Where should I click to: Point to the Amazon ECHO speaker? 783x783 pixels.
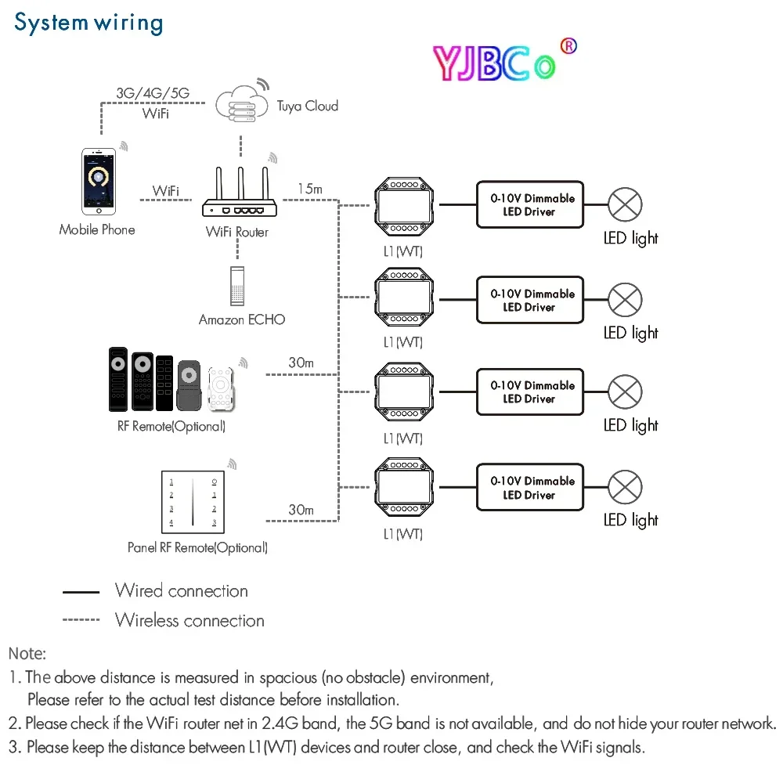pyautogui.click(x=238, y=286)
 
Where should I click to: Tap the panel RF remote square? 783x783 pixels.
pyautogui.click(x=193, y=501)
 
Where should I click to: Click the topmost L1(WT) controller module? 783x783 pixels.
pyautogui.click(x=403, y=205)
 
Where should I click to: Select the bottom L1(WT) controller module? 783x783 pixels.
pyautogui.click(x=403, y=490)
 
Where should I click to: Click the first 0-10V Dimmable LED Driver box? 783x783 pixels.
pyautogui.click(x=530, y=205)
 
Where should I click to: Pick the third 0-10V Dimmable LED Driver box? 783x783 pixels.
pyautogui.click(x=530, y=392)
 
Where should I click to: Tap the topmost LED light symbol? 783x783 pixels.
pyautogui.click(x=625, y=205)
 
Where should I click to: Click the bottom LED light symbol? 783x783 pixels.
pyautogui.click(x=625, y=487)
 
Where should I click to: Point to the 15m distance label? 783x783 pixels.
pyautogui.click(x=309, y=189)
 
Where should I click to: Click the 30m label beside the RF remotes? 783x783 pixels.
pyautogui.click(x=301, y=363)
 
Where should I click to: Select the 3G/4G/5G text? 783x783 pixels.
pyautogui.click(x=153, y=92)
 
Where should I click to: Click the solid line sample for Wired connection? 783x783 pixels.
pyautogui.click(x=81, y=593)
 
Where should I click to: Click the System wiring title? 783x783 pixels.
pyautogui.click(x=88, y=23)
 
